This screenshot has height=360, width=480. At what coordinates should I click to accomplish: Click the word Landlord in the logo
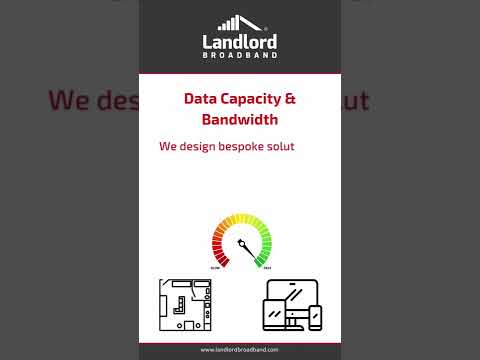click(x=240, y=42)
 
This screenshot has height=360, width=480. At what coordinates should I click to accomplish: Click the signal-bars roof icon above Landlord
click(x=240, y=23)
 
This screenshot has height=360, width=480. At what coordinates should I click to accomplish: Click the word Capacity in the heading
click(x=250, y=99)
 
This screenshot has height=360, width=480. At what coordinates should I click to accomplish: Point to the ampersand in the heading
click(x=291, y=99)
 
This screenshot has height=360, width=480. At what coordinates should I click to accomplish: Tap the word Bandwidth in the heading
click(x=240, y=120)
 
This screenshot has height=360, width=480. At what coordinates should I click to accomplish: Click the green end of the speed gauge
click(x=265, y=256)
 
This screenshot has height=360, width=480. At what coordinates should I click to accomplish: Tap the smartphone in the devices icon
click(x=316, y=318)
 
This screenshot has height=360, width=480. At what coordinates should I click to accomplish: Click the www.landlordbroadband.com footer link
click(x=240, y=350)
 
